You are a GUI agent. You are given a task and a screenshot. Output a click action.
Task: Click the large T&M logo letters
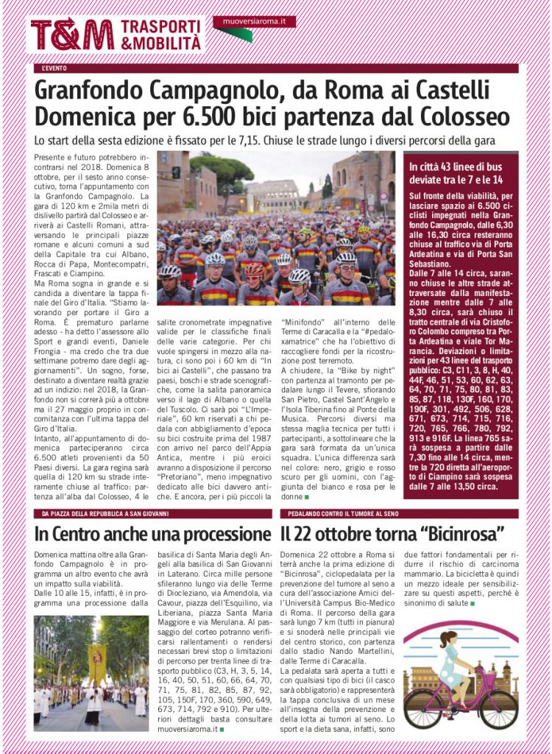coord(71,35)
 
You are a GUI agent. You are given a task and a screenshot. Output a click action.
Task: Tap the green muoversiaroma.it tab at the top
coord(254,22)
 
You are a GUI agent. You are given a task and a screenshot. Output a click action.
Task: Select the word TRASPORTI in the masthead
coord(160,27)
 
